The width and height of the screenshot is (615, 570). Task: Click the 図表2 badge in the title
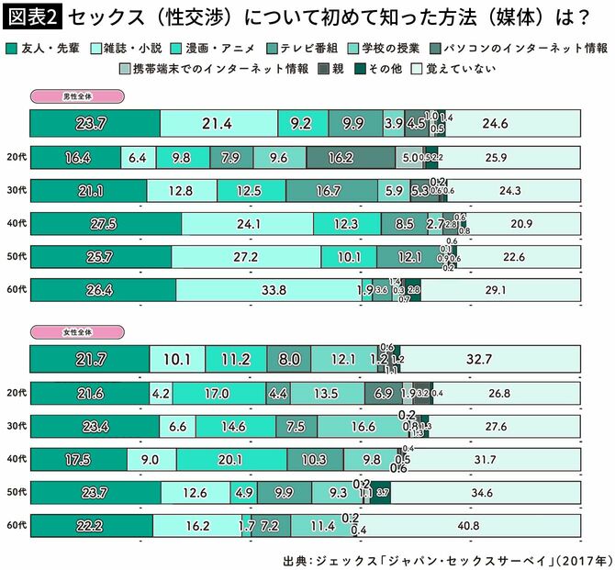click(x=31, y=16)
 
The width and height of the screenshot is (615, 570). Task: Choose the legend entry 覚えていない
click(x=460, y=68)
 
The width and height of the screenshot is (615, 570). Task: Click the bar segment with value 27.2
click(x=245, y=257)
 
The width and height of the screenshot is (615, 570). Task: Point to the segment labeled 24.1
click(x=247, y=224)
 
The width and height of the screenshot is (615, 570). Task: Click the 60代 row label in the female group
click(x=14, y=527)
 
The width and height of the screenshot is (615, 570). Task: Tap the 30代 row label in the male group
click(x=14, y=191)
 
